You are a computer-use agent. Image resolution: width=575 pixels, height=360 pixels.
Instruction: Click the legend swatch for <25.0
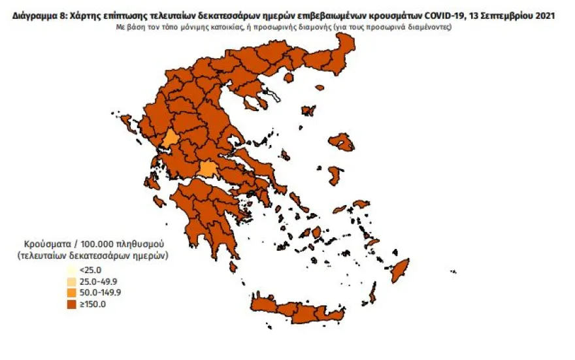point(71,270)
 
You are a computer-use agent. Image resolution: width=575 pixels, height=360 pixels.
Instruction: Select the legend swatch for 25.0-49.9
point(71,281)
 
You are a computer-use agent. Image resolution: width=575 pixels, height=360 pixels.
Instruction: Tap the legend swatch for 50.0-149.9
point(71,292)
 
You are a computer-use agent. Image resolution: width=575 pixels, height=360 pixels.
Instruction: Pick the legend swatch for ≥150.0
point(71,303)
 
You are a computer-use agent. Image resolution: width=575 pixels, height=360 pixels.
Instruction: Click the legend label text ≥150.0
point(92,304)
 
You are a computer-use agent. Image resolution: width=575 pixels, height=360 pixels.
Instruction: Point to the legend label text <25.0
point(90,270)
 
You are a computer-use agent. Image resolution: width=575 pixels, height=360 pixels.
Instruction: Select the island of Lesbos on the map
point(342,140)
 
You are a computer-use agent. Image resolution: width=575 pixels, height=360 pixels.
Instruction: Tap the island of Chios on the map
point(335,175)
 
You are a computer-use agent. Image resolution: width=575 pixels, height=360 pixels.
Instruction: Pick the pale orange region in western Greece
point(171,138)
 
